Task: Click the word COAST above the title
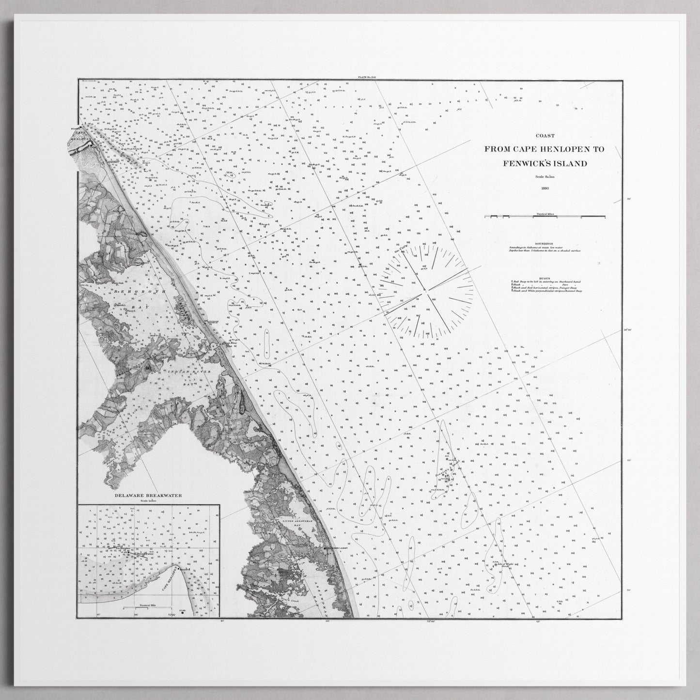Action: click(x=545, y=136)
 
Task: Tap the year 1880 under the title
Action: click(x=545, y=187)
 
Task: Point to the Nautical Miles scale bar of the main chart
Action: click(x=545, y=215)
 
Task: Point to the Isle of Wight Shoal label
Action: click(x=504, y=565)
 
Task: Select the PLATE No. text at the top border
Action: click(x=366, y=78)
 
